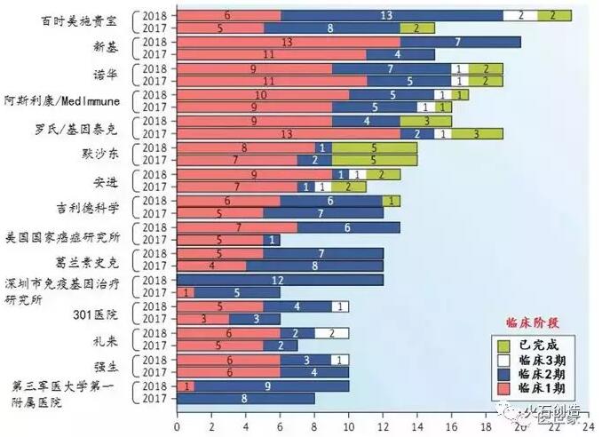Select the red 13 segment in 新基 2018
click(288, 42)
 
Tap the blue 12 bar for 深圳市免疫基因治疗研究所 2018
click(280, 280)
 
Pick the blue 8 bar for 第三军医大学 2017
click(245, 399)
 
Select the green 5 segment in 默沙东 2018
click(374, 147)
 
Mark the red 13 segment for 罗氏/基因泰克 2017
click(288, 134)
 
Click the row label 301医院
click(90, 313)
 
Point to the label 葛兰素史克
click(90, 259)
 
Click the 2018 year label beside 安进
click(158, 174)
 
